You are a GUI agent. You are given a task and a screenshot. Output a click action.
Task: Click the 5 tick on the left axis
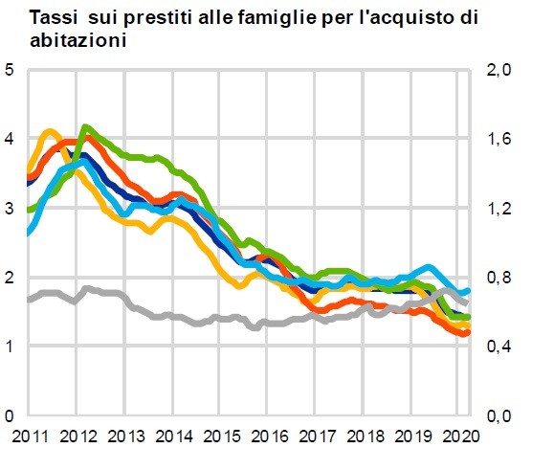(10, 70)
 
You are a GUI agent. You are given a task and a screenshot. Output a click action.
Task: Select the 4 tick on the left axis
(10, 139)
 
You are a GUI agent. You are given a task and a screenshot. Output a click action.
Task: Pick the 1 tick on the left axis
(10, 347)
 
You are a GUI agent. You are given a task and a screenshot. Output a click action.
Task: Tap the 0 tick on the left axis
(10, 415)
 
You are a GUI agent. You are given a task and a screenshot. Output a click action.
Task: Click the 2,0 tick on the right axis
(501, 70)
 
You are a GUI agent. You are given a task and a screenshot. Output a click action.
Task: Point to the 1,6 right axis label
(501, 139)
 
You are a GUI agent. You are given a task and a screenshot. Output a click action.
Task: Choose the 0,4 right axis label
(501, 347)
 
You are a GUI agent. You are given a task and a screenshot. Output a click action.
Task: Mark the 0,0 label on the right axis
(501, 415)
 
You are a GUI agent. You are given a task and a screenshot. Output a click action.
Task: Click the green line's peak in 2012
(86, 127)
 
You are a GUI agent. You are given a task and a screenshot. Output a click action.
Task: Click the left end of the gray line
(29, 300)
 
